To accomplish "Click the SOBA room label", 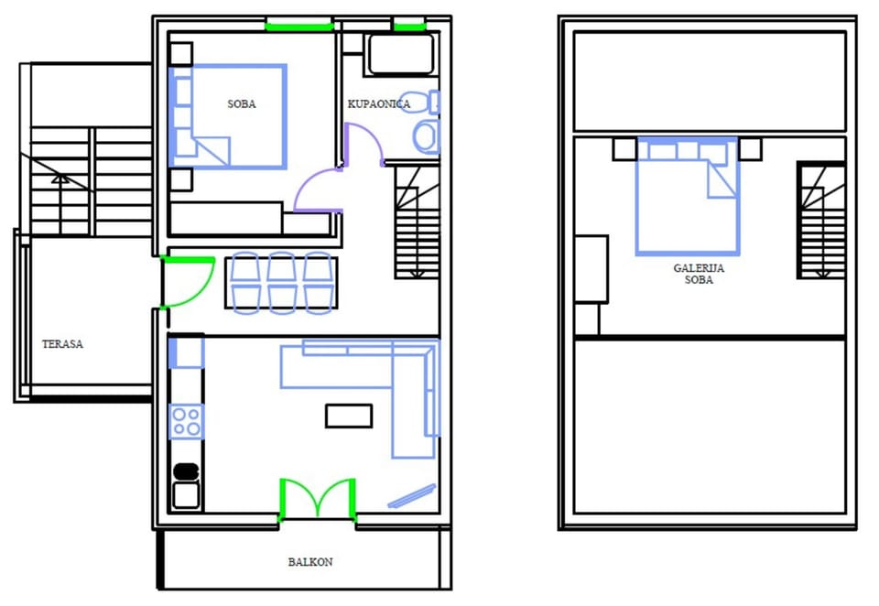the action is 242,103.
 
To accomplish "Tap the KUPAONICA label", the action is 379,103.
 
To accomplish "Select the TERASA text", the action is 62,343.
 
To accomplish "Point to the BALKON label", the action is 310,562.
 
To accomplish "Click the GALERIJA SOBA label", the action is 699,274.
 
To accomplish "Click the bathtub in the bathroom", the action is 401,54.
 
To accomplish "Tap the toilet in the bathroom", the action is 420,102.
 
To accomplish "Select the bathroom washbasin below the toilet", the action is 426,136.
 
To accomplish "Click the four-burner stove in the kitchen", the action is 186,422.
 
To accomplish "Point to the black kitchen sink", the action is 186,471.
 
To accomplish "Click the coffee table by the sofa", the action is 349,416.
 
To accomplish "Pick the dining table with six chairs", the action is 281,283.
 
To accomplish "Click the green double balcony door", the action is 318,498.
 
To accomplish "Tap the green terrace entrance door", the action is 188,282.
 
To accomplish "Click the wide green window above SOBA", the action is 299,25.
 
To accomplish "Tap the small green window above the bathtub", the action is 409,25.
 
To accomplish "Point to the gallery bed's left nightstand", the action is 624,149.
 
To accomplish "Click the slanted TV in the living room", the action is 412,496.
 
